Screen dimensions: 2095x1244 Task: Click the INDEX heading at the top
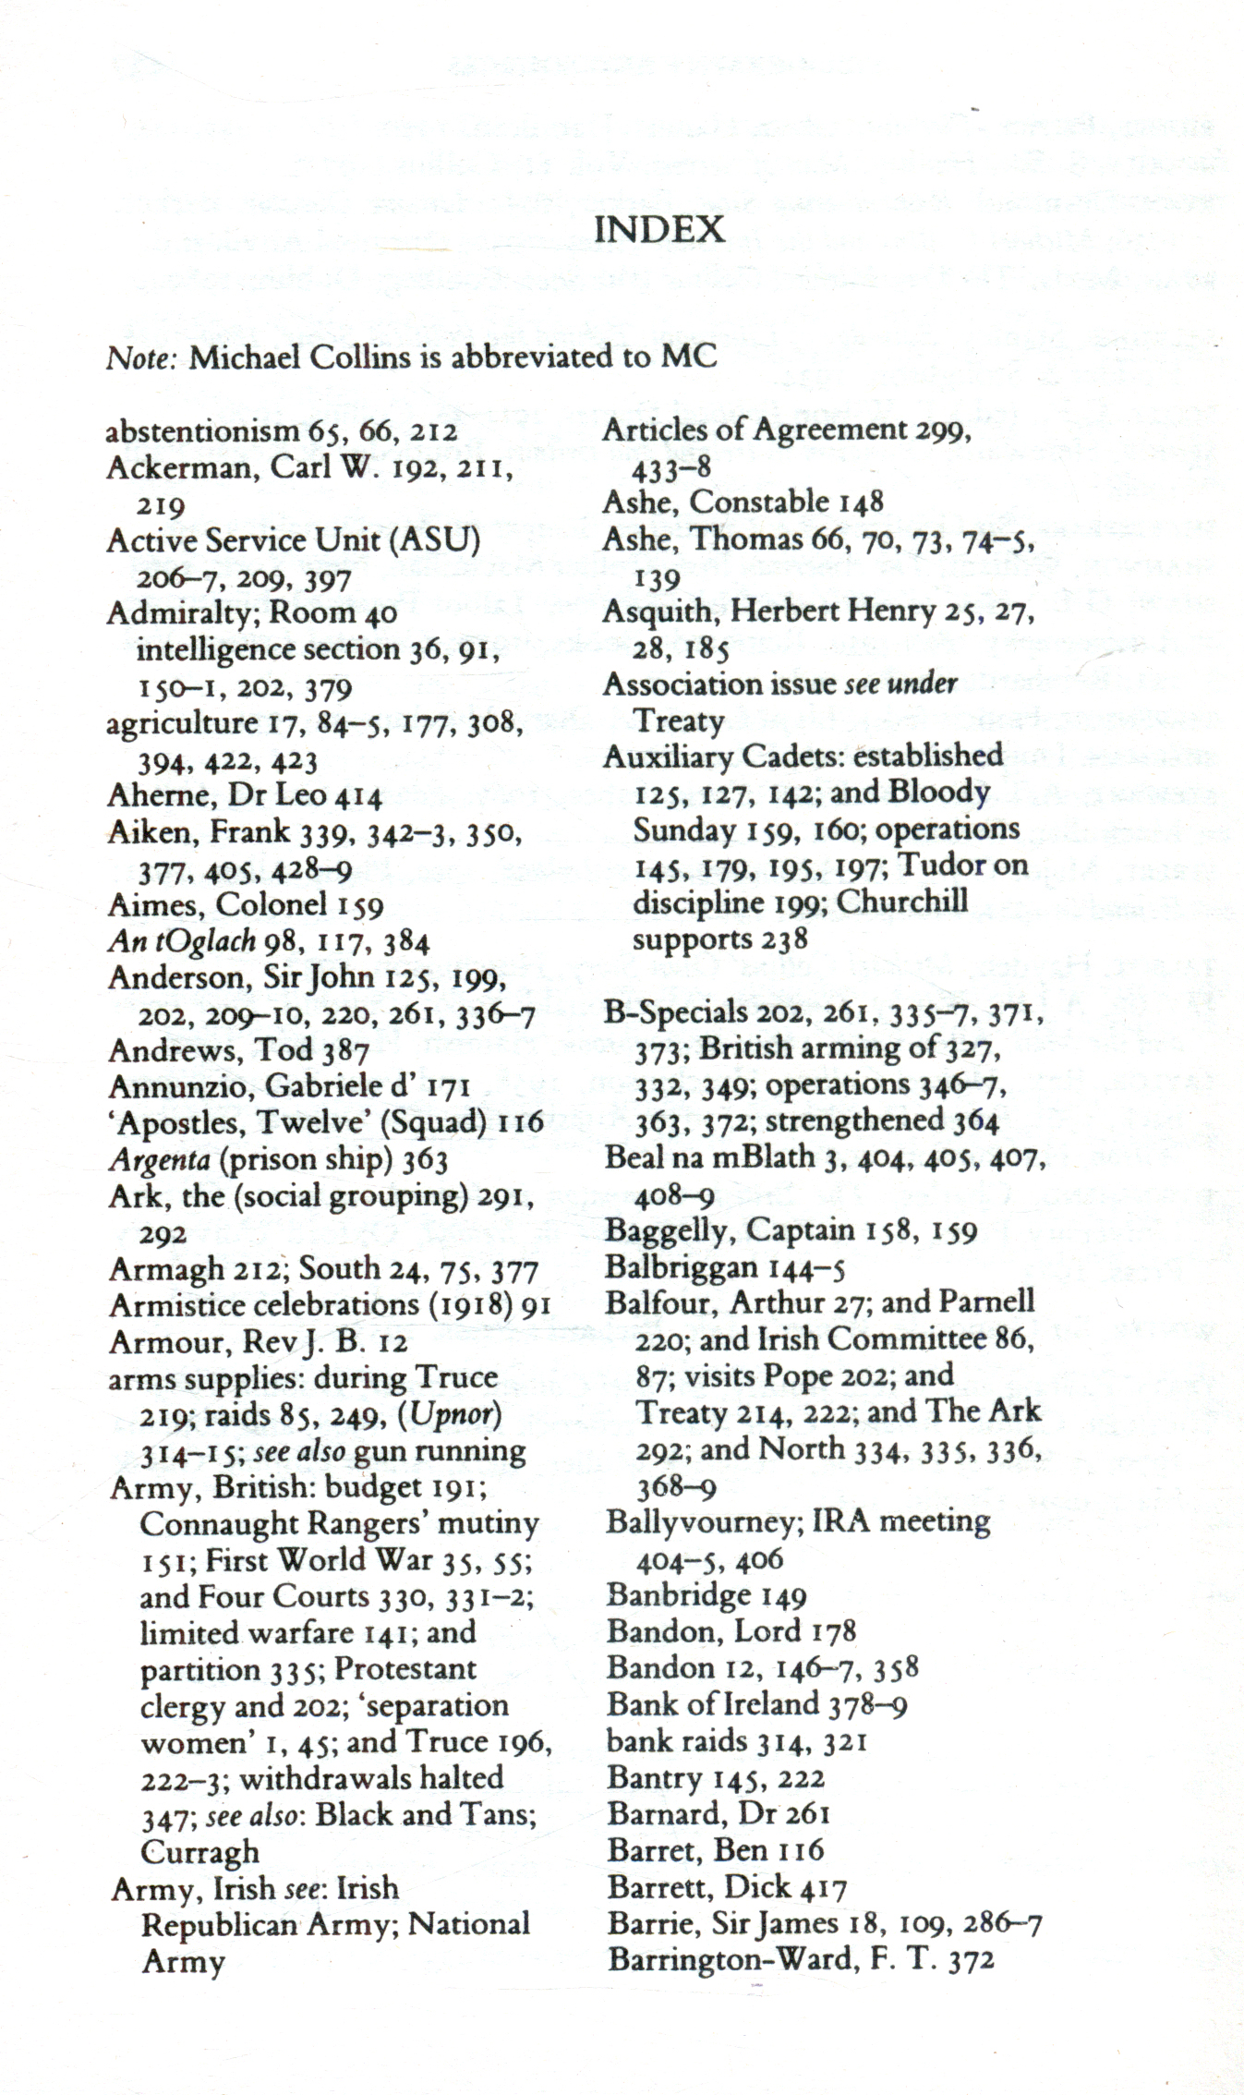click(658, 229)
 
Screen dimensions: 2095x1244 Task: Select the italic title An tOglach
click(181, 941)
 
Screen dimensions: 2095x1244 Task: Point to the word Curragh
click(199, 1852)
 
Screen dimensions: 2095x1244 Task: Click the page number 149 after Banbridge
click(783, 1595)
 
